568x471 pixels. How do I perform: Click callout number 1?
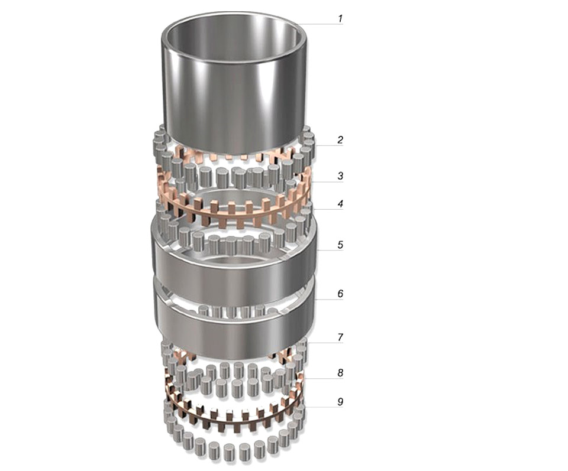point(340,18)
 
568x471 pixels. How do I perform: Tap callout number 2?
point(340,140)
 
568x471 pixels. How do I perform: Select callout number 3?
point(340,176)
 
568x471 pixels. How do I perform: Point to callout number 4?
point(340,204)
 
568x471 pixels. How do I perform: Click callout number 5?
point(340,245)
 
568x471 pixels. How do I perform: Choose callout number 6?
point(340,294)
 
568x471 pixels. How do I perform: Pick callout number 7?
point(340,337)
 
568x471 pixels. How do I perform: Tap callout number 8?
point(340,373)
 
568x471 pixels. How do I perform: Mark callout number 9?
point(340,402)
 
